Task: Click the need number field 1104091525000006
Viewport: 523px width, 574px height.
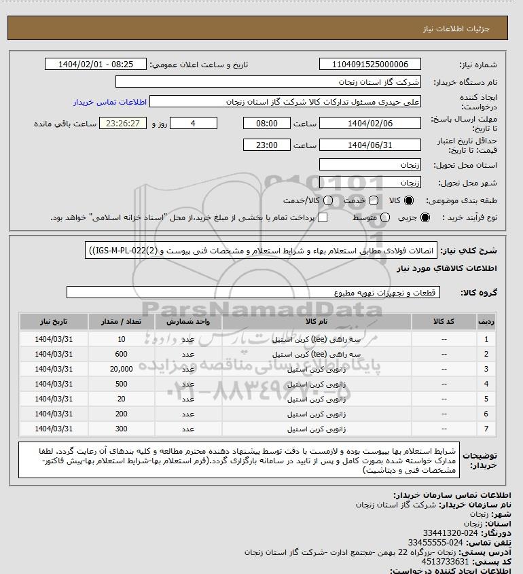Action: pos(369,65)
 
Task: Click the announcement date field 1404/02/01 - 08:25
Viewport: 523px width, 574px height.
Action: pos(95,65)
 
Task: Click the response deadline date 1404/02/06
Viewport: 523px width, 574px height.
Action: pos(369,124)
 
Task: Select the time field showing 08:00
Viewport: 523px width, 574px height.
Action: pos(267,124)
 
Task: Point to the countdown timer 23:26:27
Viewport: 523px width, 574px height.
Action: pos(123,124)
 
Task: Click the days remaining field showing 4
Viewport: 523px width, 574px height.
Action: pos(193,124)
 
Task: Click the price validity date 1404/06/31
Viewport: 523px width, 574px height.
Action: pos(369,145)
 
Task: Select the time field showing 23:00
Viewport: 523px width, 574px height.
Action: pos(267,145)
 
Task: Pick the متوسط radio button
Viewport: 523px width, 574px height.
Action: pos(385,217)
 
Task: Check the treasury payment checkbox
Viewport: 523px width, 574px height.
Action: pos(323,217)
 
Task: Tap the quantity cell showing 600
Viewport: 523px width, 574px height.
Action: pos(121,353)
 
